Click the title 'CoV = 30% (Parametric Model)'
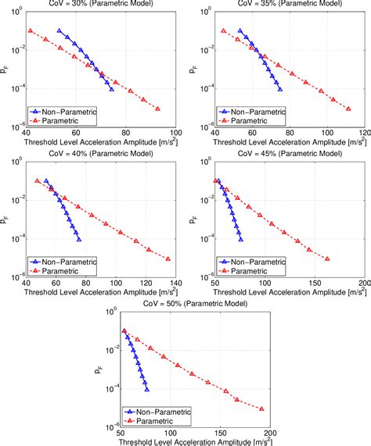point(102,5)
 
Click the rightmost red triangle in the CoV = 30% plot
point(158,109)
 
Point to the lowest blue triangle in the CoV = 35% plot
point(280,89)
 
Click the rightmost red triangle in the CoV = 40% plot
point(167,259)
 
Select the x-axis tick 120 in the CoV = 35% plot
point(352,132)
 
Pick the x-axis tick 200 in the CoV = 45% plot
point(358,282)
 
